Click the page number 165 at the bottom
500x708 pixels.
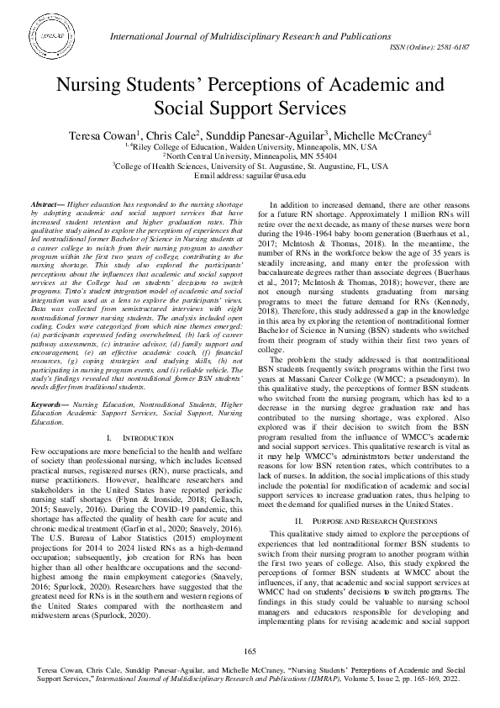[250, 652]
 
